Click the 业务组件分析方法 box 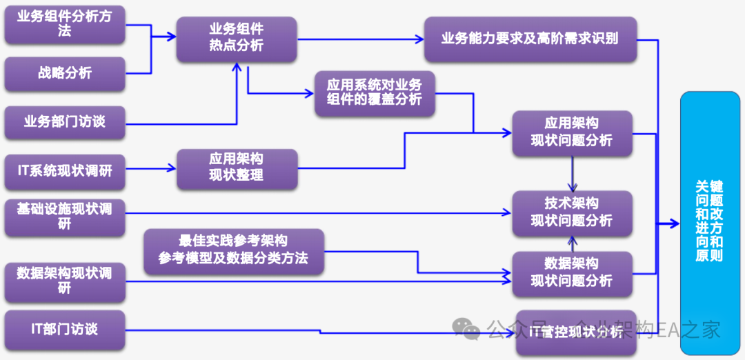tap(64, 25)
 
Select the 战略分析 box tap(64, 74)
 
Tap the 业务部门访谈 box tap(64, 122)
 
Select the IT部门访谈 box tap(64, 329)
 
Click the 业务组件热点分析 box tap(236, 38)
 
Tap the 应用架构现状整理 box tap(236, 168)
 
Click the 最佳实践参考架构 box tap(233, 250)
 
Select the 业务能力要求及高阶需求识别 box tap(530, 39)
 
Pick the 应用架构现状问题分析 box tap(571, 132)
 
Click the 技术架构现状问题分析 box tap(571, 212)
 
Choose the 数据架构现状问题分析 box tap(571, 273)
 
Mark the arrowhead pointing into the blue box tap(675, 223)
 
